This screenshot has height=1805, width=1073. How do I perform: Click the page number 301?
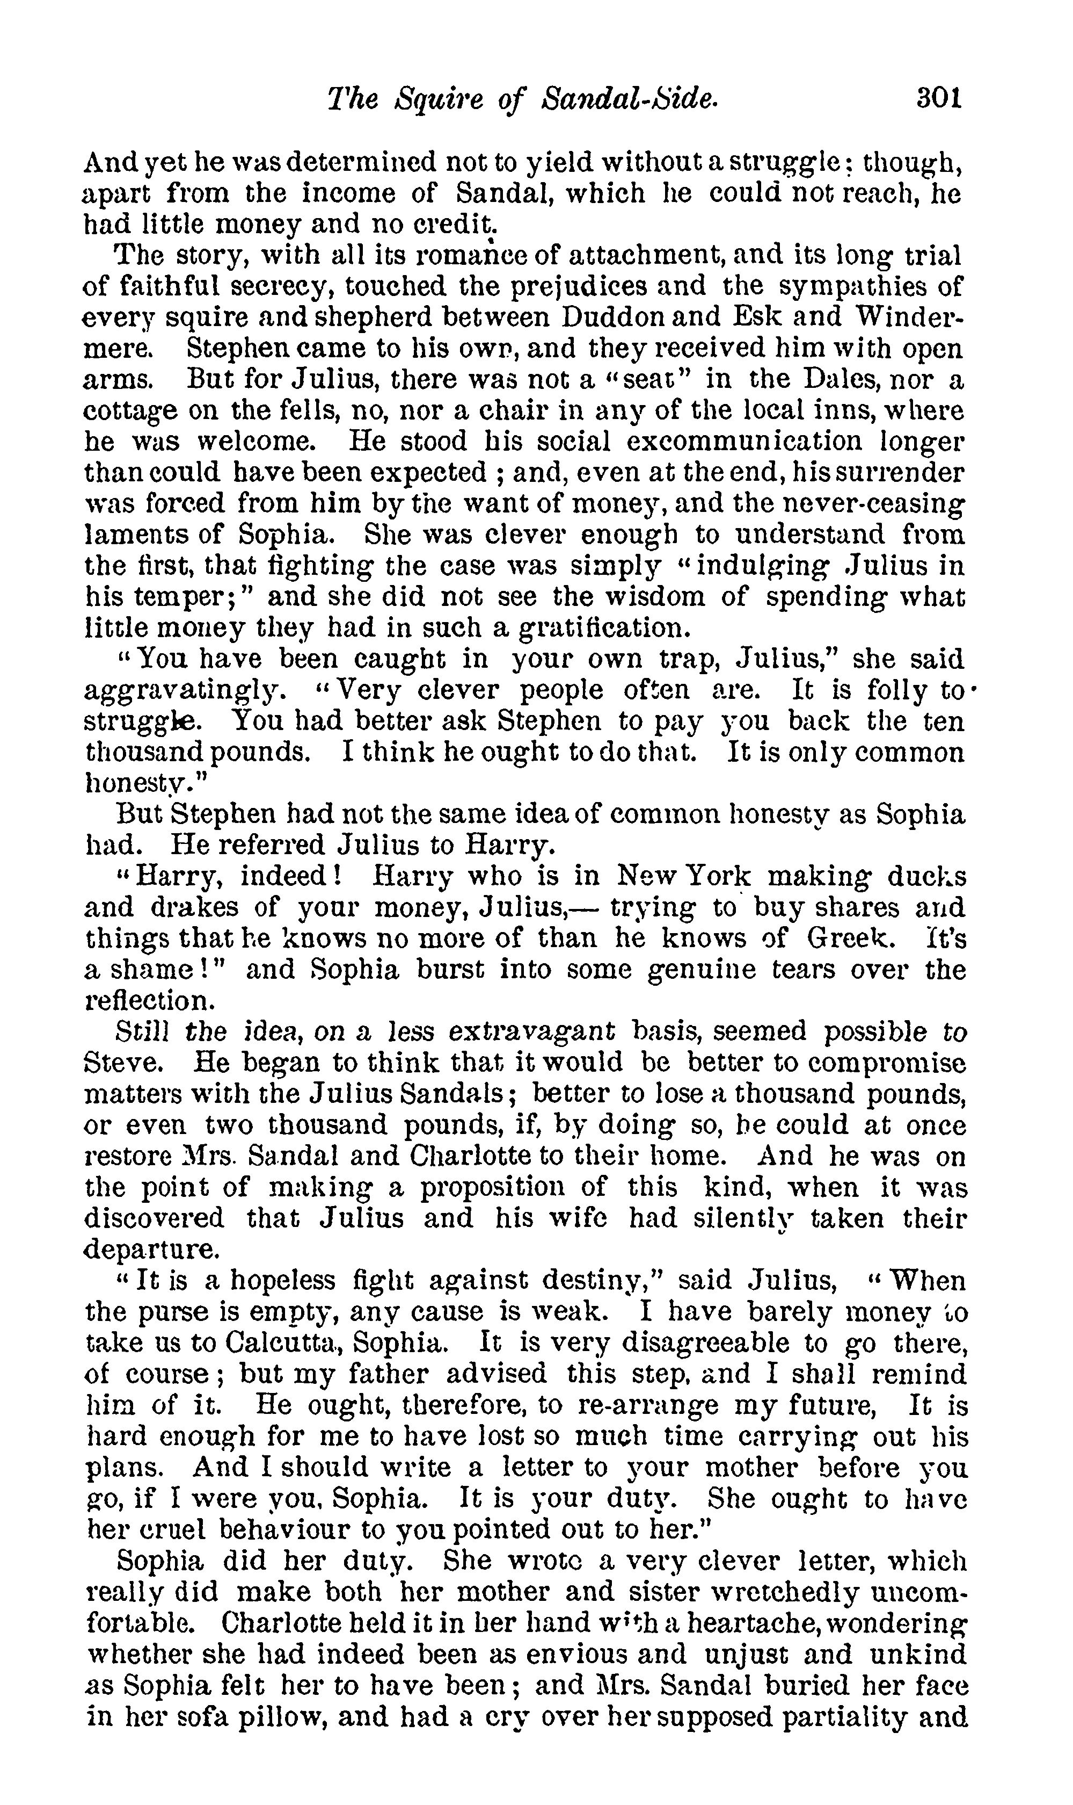[x=938, y=98]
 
